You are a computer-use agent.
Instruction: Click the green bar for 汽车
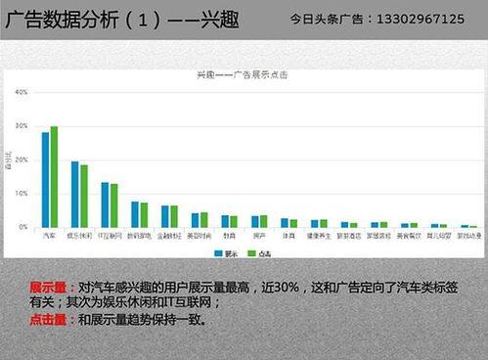[x=54, y=176]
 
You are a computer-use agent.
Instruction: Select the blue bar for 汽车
[x=45, y=179]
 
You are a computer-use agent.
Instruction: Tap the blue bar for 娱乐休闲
[x=75, y=194]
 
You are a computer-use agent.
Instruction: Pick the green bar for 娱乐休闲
[x=84, y=196]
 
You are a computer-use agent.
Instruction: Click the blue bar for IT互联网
[x=105, y=204]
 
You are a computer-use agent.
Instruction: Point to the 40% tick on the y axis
[x=21, y=92]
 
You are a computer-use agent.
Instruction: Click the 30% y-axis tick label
[x=21, y=126]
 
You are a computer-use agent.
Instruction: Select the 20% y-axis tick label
[x=21, y=159]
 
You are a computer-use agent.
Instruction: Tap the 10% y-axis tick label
[x=21, y=194]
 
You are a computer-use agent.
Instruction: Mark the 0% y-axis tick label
[x=22, y=227]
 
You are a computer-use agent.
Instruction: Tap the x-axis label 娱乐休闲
[x=79, y=236]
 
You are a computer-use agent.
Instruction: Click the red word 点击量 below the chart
[x=47, y=319]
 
